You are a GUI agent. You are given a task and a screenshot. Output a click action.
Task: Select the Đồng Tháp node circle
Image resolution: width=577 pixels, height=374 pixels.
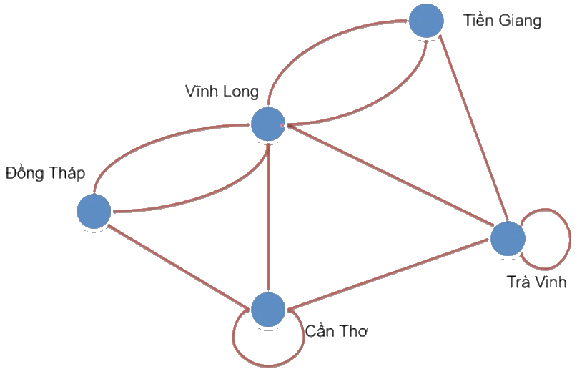[x=94, y=212]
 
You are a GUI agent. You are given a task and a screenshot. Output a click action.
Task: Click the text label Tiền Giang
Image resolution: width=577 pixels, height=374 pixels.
[x=501, y=21]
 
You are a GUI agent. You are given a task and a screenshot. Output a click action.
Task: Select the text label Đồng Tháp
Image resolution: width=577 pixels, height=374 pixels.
[x=44, y=172]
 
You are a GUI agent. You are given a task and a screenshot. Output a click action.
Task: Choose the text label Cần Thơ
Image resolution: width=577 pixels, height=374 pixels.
[x=336, y=332]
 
